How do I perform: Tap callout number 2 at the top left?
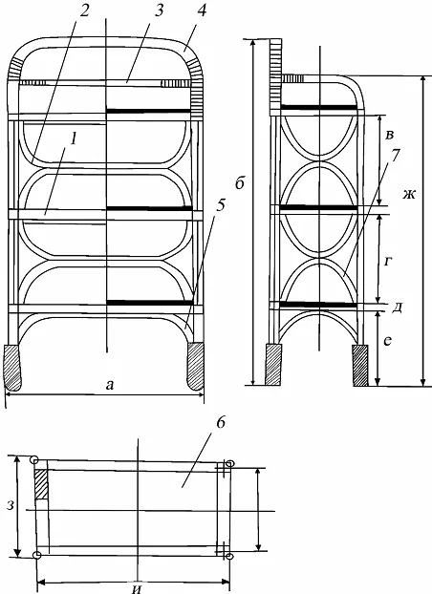coord(83,11)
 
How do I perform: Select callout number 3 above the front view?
coord(158,11)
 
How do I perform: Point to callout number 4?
coord(202,11)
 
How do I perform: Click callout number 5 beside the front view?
coord(220,204)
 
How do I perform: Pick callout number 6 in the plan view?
coord(221,423)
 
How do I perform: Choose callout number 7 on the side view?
coord(395,156)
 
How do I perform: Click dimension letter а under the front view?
coord(110,385)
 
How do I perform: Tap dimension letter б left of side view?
coord(239,183)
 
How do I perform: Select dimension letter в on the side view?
coord(388,135)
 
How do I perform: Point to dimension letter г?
coord(386,261)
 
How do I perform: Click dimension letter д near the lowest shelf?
coord(397,308)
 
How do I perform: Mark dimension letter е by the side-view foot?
coord(387,341)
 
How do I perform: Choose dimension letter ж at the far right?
coord(409,195)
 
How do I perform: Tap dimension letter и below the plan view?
coord(138,588)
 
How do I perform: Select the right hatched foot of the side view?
coord(360,365)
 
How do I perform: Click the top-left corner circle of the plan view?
coord(33,460)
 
